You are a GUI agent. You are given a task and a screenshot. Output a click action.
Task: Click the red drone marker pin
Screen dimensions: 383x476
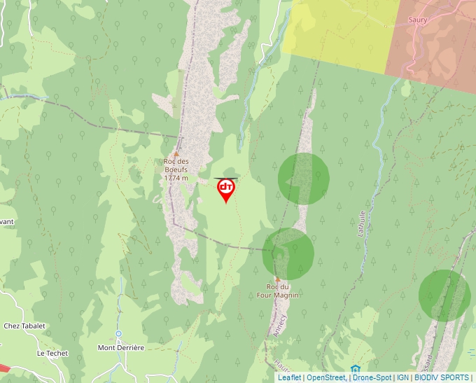pos(225,189)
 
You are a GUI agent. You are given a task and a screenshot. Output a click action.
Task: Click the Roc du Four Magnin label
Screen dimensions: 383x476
pos(283,291)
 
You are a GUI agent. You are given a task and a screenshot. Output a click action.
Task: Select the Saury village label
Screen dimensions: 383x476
pos(418,20)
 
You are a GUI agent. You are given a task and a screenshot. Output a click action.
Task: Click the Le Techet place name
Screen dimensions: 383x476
pos(52,353)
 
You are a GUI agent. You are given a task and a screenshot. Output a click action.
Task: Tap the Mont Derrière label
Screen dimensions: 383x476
pos(120,347)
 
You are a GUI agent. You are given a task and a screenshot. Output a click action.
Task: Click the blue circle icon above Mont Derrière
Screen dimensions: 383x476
pos(119,334)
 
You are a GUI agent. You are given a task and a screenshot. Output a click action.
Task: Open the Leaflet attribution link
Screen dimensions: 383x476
pos(290,377)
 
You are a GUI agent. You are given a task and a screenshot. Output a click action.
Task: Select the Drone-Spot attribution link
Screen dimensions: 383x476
pos(372,377)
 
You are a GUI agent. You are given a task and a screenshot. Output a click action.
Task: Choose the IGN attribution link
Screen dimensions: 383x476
pos(402,377)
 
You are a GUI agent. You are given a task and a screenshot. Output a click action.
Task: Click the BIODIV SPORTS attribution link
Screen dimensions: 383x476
pos(442,377)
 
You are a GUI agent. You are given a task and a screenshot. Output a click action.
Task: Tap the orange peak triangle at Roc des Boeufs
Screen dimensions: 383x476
pos(176,154)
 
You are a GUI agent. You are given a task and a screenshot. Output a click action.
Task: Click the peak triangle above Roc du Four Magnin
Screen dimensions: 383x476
pos(277,279)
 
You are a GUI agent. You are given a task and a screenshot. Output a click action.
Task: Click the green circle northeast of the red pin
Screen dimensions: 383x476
pos(304,179)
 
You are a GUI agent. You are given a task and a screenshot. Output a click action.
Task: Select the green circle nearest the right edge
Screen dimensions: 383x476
pos(444,295)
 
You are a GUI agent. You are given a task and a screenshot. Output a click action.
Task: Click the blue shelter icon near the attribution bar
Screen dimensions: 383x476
pos(356,369)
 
